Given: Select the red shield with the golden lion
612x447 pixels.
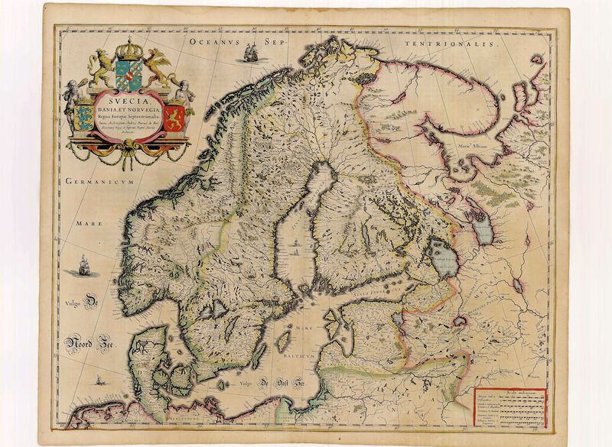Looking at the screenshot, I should (x=174, y=118).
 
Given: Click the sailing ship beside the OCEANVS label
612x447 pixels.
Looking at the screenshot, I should (x=249, y=53).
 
